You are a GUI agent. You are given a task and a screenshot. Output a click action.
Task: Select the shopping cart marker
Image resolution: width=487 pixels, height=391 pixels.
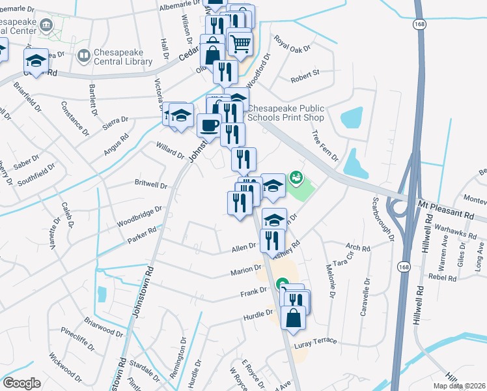coord(240,44)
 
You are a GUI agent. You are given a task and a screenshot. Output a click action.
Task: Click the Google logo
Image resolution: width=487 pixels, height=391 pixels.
coord(21,383)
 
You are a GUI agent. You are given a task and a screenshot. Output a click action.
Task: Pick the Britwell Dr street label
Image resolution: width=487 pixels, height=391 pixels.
coord(150,184)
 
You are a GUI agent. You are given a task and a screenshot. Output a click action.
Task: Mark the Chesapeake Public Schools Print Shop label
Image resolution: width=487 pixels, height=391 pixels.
coord(286,112)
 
